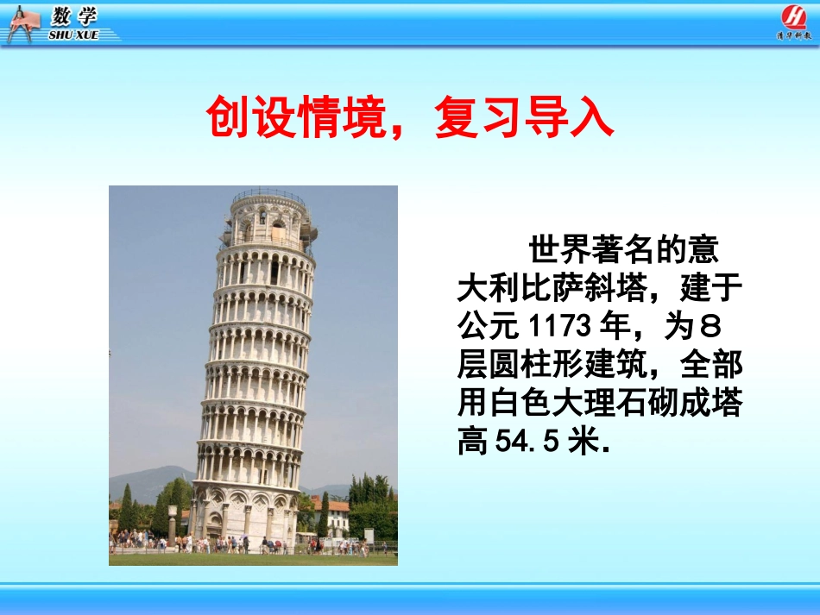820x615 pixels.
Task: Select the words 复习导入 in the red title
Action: coord(524,120)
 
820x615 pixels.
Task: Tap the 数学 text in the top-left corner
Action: coord(74,16)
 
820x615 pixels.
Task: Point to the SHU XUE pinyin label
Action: coord(74,35)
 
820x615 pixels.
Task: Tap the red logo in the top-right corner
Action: coord(793,17)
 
